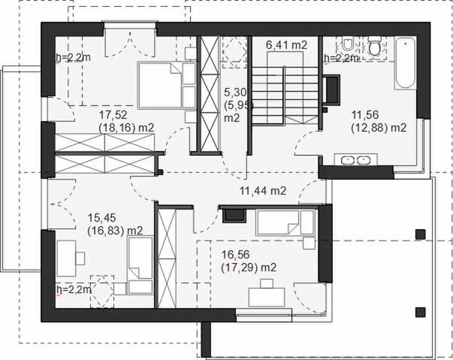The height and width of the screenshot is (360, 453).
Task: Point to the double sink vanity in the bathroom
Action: point(356,159)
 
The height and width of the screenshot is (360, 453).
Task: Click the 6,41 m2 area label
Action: point(286,46)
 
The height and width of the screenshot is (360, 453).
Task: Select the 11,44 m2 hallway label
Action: point(263,191)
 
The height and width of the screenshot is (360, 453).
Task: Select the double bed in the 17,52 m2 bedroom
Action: point(161,85)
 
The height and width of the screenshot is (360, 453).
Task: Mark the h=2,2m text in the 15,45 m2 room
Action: point(73,289)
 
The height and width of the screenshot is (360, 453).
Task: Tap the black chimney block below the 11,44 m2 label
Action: point(234,216)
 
